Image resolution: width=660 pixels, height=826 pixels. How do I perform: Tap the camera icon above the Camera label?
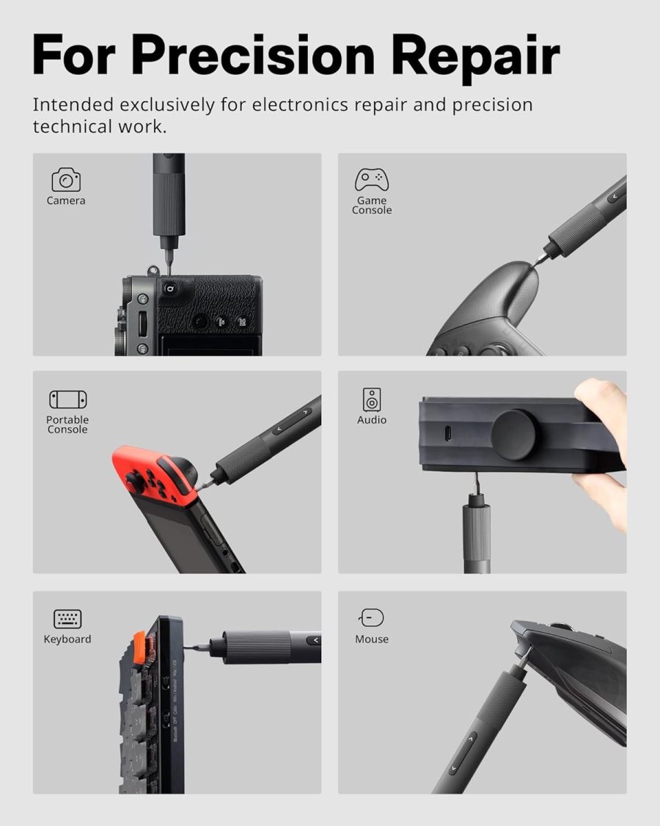[66, 179]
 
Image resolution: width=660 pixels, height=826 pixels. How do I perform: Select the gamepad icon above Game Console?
[372, 179]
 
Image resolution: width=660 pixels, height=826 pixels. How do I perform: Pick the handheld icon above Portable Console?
[67, 399]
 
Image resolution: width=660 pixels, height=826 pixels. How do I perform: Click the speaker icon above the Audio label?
[372, 399]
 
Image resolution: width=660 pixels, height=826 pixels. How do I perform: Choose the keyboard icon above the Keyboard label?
[67, 618]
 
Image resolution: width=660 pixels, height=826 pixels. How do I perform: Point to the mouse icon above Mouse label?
[372, 617]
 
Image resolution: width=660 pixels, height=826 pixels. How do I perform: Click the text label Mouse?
[372, 639]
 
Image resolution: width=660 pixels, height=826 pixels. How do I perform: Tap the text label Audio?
[372, 420]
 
